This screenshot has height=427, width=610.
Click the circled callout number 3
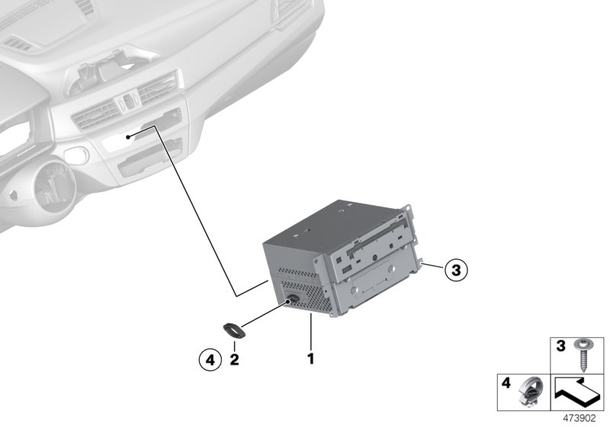(x=456, y=269)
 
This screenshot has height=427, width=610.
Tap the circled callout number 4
(x=210, y=360)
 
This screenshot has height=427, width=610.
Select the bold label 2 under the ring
(x=234, y=360)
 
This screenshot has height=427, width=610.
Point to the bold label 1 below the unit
(x=311, y=359)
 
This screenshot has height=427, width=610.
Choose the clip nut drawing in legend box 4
(x=531, y=392)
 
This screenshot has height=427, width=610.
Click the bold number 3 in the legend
(x=560, y=345)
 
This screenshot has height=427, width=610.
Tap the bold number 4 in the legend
(x=506, y=383)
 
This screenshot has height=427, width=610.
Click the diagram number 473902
(x=579, y=419)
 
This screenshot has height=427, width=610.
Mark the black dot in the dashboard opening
(x=128, y=136)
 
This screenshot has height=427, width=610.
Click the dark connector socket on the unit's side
(x=293, y=300)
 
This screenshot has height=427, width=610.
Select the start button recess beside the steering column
(x=76, y=155)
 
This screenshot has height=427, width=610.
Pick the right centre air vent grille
(x=158, y=88)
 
